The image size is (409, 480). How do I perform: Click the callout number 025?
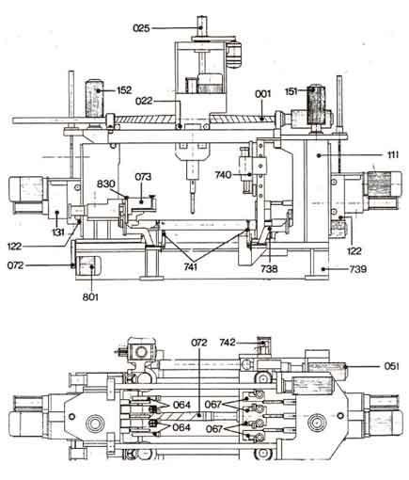pyautogui.click(x=141, y=28)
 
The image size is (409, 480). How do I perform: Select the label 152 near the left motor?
pyautogui.click(x=124, y=90)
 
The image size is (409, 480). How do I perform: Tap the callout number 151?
pyautogui.click(x=291, y=91)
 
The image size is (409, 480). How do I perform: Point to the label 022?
pyautogui.click(x=144, y=101)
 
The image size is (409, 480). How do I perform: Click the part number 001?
pyautogui.click(x=262, y=94)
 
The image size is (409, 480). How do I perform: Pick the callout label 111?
pyautogui.click(x=392, y=154)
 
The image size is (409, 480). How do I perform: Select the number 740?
pyautogui.click(x=223, y=175)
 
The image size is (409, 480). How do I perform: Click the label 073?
pyautogui.click(x=143, y=177)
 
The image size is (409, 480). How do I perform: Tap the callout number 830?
pyautogui.click(x=106, y=184)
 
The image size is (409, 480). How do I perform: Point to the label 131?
pyautogui.click(x=58, y=232)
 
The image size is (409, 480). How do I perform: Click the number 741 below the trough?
pyautogui.click(x=191, y=267)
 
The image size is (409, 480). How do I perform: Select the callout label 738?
pyautogui.click(x=269, y=268)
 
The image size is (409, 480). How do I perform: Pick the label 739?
pyautogui.click(x=358, y=269)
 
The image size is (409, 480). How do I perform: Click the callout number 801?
pyautogui.click(x=90, y=296)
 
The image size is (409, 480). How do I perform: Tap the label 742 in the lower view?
pyautogui.click(x=228, y=342)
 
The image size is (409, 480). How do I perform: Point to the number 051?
pyautogui.click(x=392, y=366)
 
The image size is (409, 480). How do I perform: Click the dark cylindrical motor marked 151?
pyautogui.click(x=316, y=104)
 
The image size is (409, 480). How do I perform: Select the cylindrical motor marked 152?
pyautogui.click(x=95, y=99)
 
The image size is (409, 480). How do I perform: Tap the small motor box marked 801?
pyautogui.click(x=87, y=266)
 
